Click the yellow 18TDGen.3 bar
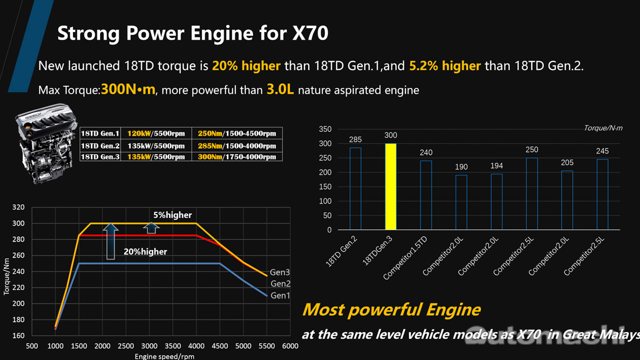(390, 187)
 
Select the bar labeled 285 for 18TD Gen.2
(355, 189)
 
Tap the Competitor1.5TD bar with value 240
(426, 195)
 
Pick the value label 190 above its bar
(461, 167)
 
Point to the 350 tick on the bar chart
(325, 129)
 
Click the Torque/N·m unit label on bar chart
(603, 128)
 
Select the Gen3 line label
(279, 273)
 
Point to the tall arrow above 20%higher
(110, 241)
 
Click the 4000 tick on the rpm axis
(196, 347)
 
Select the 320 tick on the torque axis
(19, 207)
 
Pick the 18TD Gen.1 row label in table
(100, 133)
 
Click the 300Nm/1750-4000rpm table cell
(237, 157)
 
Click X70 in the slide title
(309, 33)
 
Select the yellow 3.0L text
(280, 90)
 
